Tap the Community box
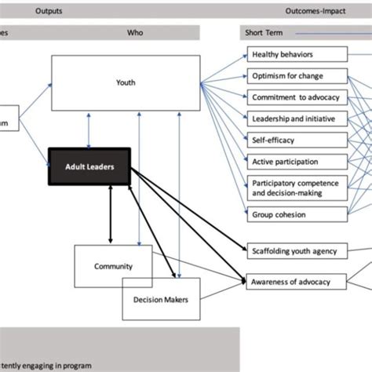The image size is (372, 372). click(114, 266)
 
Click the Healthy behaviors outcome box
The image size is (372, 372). click(296, 55)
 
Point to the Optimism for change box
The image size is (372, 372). click(296, 76)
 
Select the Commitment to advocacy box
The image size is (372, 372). click(296, 97)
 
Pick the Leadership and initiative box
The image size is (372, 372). click(296, 119)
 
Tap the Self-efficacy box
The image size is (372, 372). click(296, 140)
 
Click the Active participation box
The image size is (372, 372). click(296, 162)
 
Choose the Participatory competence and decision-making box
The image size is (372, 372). click(296, 188)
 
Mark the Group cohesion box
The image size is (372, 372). click(296, 213)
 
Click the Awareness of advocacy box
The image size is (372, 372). click(296, 281)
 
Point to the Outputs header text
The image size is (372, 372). click(49, 12)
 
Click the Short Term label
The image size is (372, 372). click(262, 34)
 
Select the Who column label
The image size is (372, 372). click(135, 34)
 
